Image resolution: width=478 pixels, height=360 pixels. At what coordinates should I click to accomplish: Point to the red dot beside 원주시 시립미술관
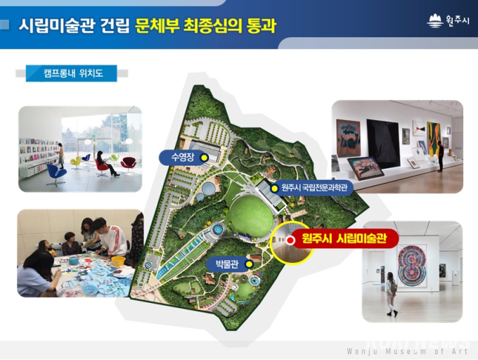(x=291, y=240)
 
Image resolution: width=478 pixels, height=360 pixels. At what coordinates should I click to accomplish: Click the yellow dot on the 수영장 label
(x=204, y=157)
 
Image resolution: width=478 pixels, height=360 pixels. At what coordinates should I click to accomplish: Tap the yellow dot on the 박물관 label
(x=250, y=264)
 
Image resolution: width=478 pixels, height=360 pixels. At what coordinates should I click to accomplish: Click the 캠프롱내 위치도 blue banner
(x=71, y=73)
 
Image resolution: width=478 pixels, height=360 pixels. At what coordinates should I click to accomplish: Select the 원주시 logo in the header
(x=448, y=21)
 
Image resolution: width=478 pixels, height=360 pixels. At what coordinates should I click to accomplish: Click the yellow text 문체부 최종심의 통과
(x=206, y=25)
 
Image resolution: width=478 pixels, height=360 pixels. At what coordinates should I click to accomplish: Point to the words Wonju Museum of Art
(x=407, y=351)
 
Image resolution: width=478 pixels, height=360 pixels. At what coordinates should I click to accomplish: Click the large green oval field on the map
(x=251, y=216)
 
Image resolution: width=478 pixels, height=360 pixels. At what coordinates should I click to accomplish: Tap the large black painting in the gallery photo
(x=384, y=143)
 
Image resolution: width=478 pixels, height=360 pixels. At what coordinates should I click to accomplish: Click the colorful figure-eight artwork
(x=412, y=265)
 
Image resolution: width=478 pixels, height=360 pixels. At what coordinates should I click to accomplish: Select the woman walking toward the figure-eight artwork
(x=391, y=294)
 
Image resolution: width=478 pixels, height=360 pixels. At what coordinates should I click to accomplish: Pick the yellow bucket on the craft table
(x=118, y=261)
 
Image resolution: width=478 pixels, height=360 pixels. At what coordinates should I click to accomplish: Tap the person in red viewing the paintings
(x=440, y=156)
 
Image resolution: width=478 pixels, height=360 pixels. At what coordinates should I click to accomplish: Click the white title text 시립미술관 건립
(x=74, y=25)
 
